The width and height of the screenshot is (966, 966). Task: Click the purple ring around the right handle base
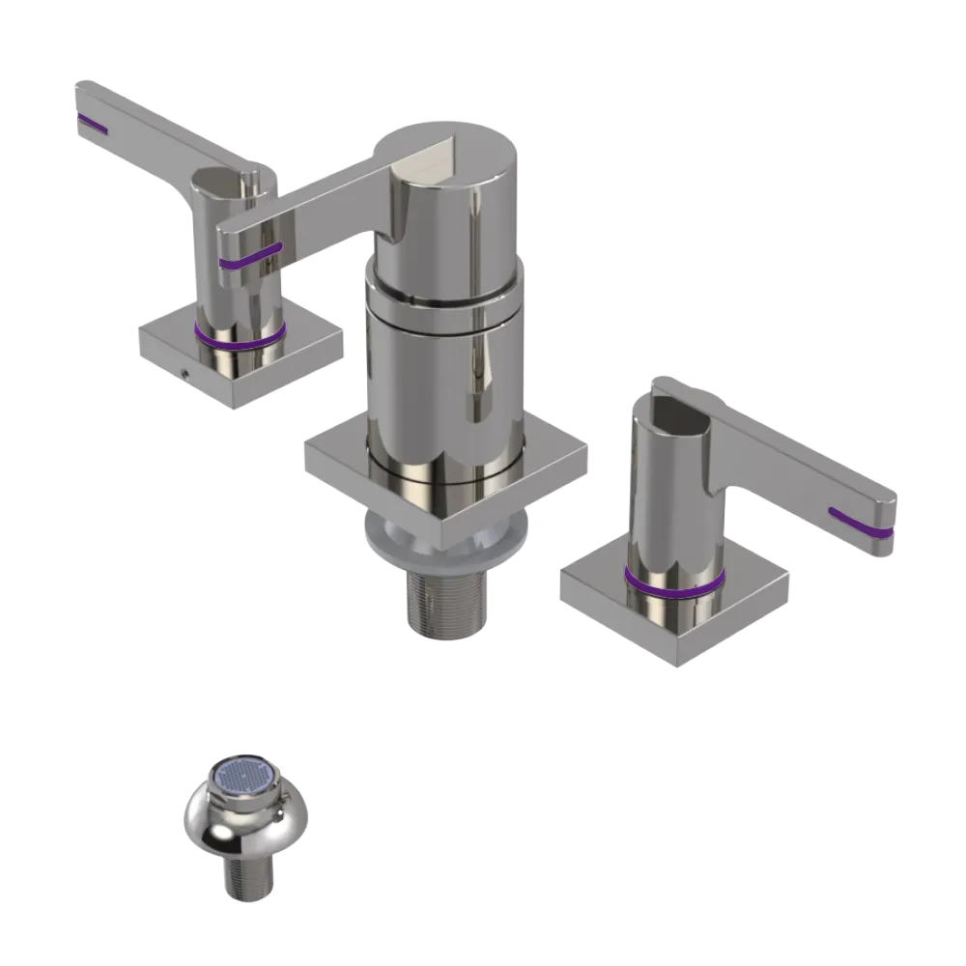[x=673, y=582]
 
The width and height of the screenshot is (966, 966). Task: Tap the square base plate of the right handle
[x=734, y=618]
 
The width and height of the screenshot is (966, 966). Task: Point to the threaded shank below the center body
[x=444, y=604]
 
